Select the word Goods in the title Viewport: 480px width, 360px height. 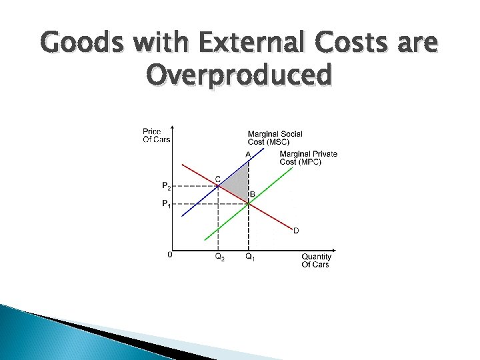[x=82, y=45]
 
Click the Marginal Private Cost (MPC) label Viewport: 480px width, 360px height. [x=308, y=158]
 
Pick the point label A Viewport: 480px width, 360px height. [x=248, y=154]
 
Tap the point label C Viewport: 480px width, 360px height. [x=217, y=179]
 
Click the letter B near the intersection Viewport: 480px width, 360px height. [x=252, y=195]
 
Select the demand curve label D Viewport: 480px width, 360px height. [x=296, y=231]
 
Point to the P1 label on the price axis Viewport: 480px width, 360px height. [x=166, y=204]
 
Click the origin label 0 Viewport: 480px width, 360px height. [x=169, y=254]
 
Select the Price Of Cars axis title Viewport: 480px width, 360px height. [x=156, y=135]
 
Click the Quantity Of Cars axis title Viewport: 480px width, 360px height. [x=316, y=260]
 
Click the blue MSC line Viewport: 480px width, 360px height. [x=197, y=202]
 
